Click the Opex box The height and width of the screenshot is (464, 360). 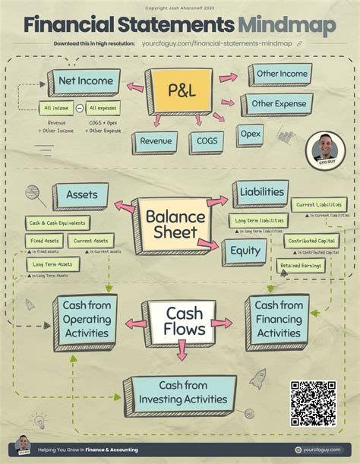(250, 134)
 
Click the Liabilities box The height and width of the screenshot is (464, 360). (261, 193)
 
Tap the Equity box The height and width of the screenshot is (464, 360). (245, 251)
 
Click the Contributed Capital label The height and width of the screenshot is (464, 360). (311, 241)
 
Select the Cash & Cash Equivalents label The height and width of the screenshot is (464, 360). (58, 223)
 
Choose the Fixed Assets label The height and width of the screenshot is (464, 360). (44, 241)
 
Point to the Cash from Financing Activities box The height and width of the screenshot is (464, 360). (278, 320)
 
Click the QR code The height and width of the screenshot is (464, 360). (313, 402)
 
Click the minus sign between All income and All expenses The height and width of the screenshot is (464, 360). (80, 109)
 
